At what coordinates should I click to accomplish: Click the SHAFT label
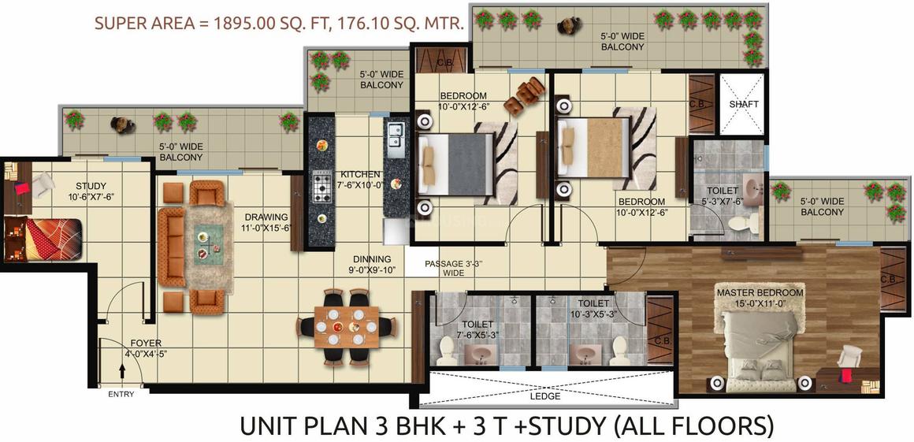[744, 104]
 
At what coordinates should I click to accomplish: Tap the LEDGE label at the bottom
[545, 396]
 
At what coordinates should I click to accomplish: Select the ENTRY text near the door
[121, 394]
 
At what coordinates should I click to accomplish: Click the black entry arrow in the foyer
[122, 371]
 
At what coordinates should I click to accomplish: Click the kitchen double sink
[393, 140]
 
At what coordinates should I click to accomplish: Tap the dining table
[346, 327]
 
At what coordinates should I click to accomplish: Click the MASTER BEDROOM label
[760, 292]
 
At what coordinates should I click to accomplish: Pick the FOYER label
[146, 344]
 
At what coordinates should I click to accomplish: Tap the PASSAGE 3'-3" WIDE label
[454, 268]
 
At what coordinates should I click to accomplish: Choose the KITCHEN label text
[361, 174]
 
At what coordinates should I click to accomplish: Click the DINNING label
[372, 259]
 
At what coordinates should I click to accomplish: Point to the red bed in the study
[42, 239]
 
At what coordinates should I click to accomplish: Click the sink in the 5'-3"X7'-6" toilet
[754, 190]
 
